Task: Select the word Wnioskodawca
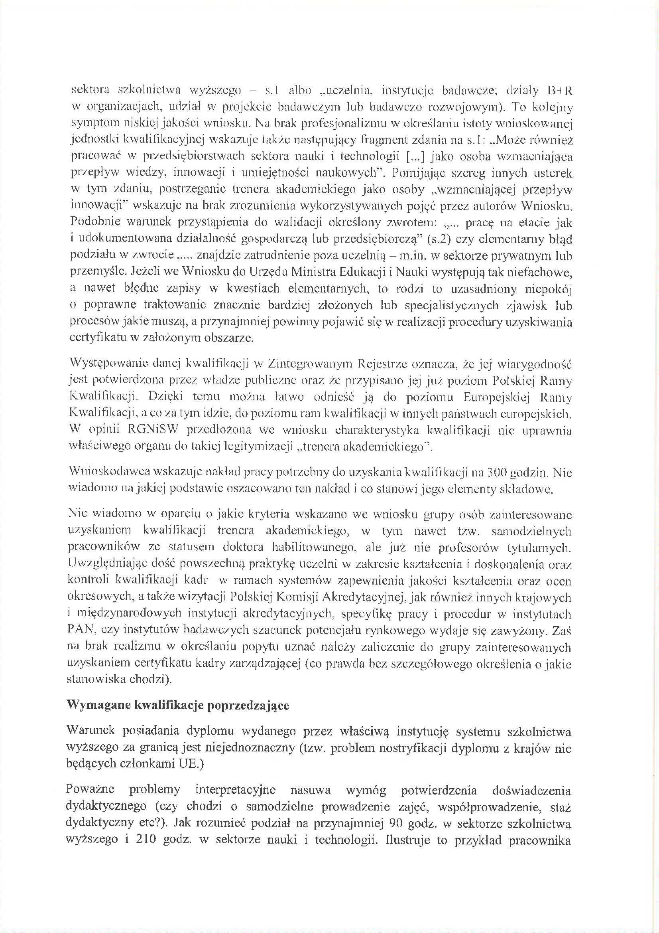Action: (x=109, y=472)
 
